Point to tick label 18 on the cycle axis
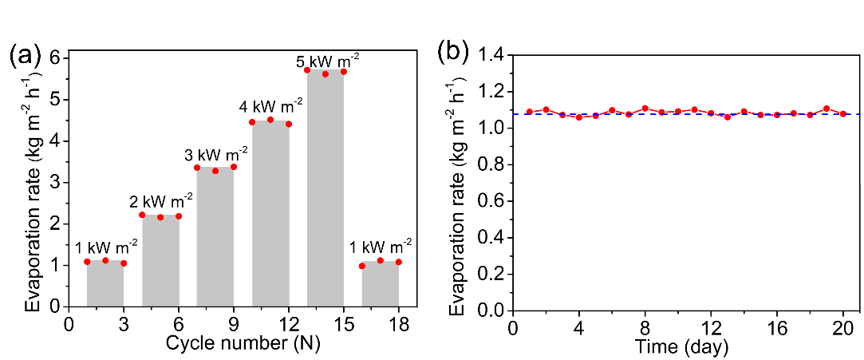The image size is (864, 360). click(x=399, y=324)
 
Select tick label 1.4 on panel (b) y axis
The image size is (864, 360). click(x=490, y=55)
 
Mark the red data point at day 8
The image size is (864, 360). click(x=645, y=109)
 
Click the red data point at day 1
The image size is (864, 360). click(x=529, y=112)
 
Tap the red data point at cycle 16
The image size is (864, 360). click(x=362, y=266)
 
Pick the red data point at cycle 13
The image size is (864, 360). click(x=307, y=70)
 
